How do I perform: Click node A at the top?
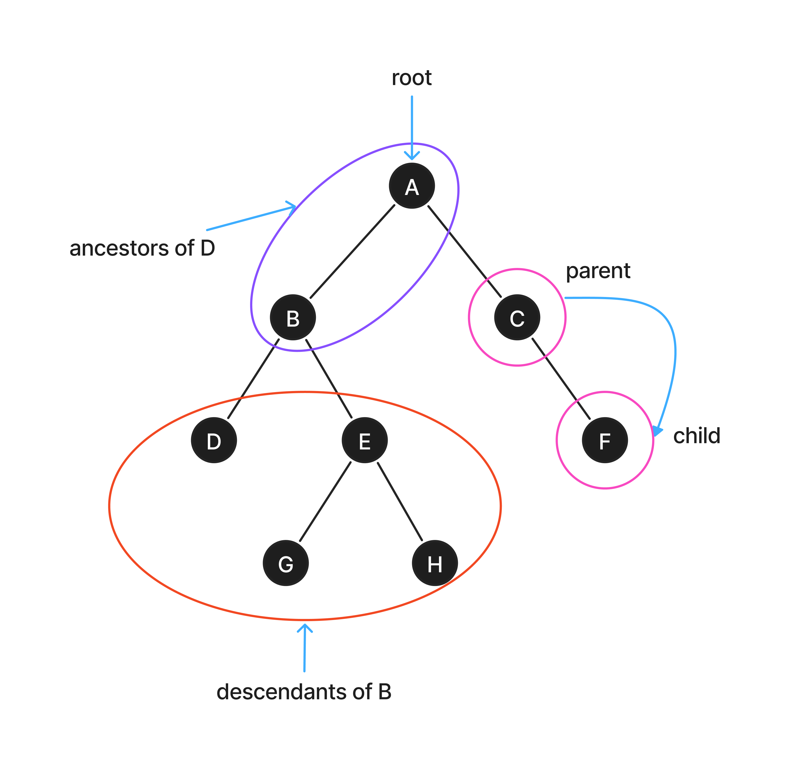[412, 186]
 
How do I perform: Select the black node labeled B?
[293, 318]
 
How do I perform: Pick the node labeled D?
[214, 440]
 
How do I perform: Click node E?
[365, 440]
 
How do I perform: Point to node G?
[286, 563]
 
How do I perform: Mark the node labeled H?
[435, 563]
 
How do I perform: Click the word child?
[696, 436]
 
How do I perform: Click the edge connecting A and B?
[352, 251]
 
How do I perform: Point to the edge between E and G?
[325, 502]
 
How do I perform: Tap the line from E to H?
[400, 502]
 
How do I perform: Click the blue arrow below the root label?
[412, 125]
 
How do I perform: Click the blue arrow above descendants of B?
[304, 647]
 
